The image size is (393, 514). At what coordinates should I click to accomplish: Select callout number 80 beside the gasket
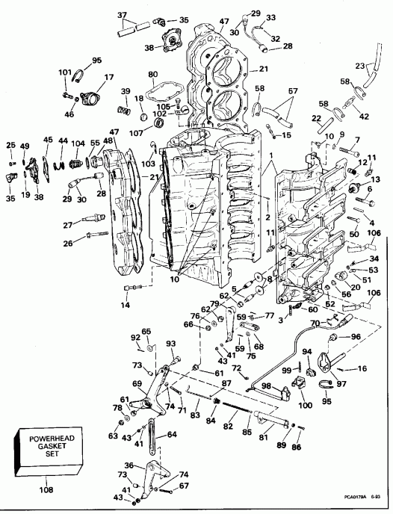(152, 75)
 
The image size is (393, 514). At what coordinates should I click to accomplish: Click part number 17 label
(109, 77)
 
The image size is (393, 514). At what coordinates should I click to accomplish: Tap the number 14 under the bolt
(125, 306)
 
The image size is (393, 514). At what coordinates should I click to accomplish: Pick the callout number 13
(375, 179)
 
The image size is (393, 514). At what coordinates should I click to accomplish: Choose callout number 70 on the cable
(315, 322)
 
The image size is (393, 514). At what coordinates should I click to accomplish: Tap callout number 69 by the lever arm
(137, 383)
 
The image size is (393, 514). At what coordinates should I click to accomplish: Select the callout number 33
(270, 17)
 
